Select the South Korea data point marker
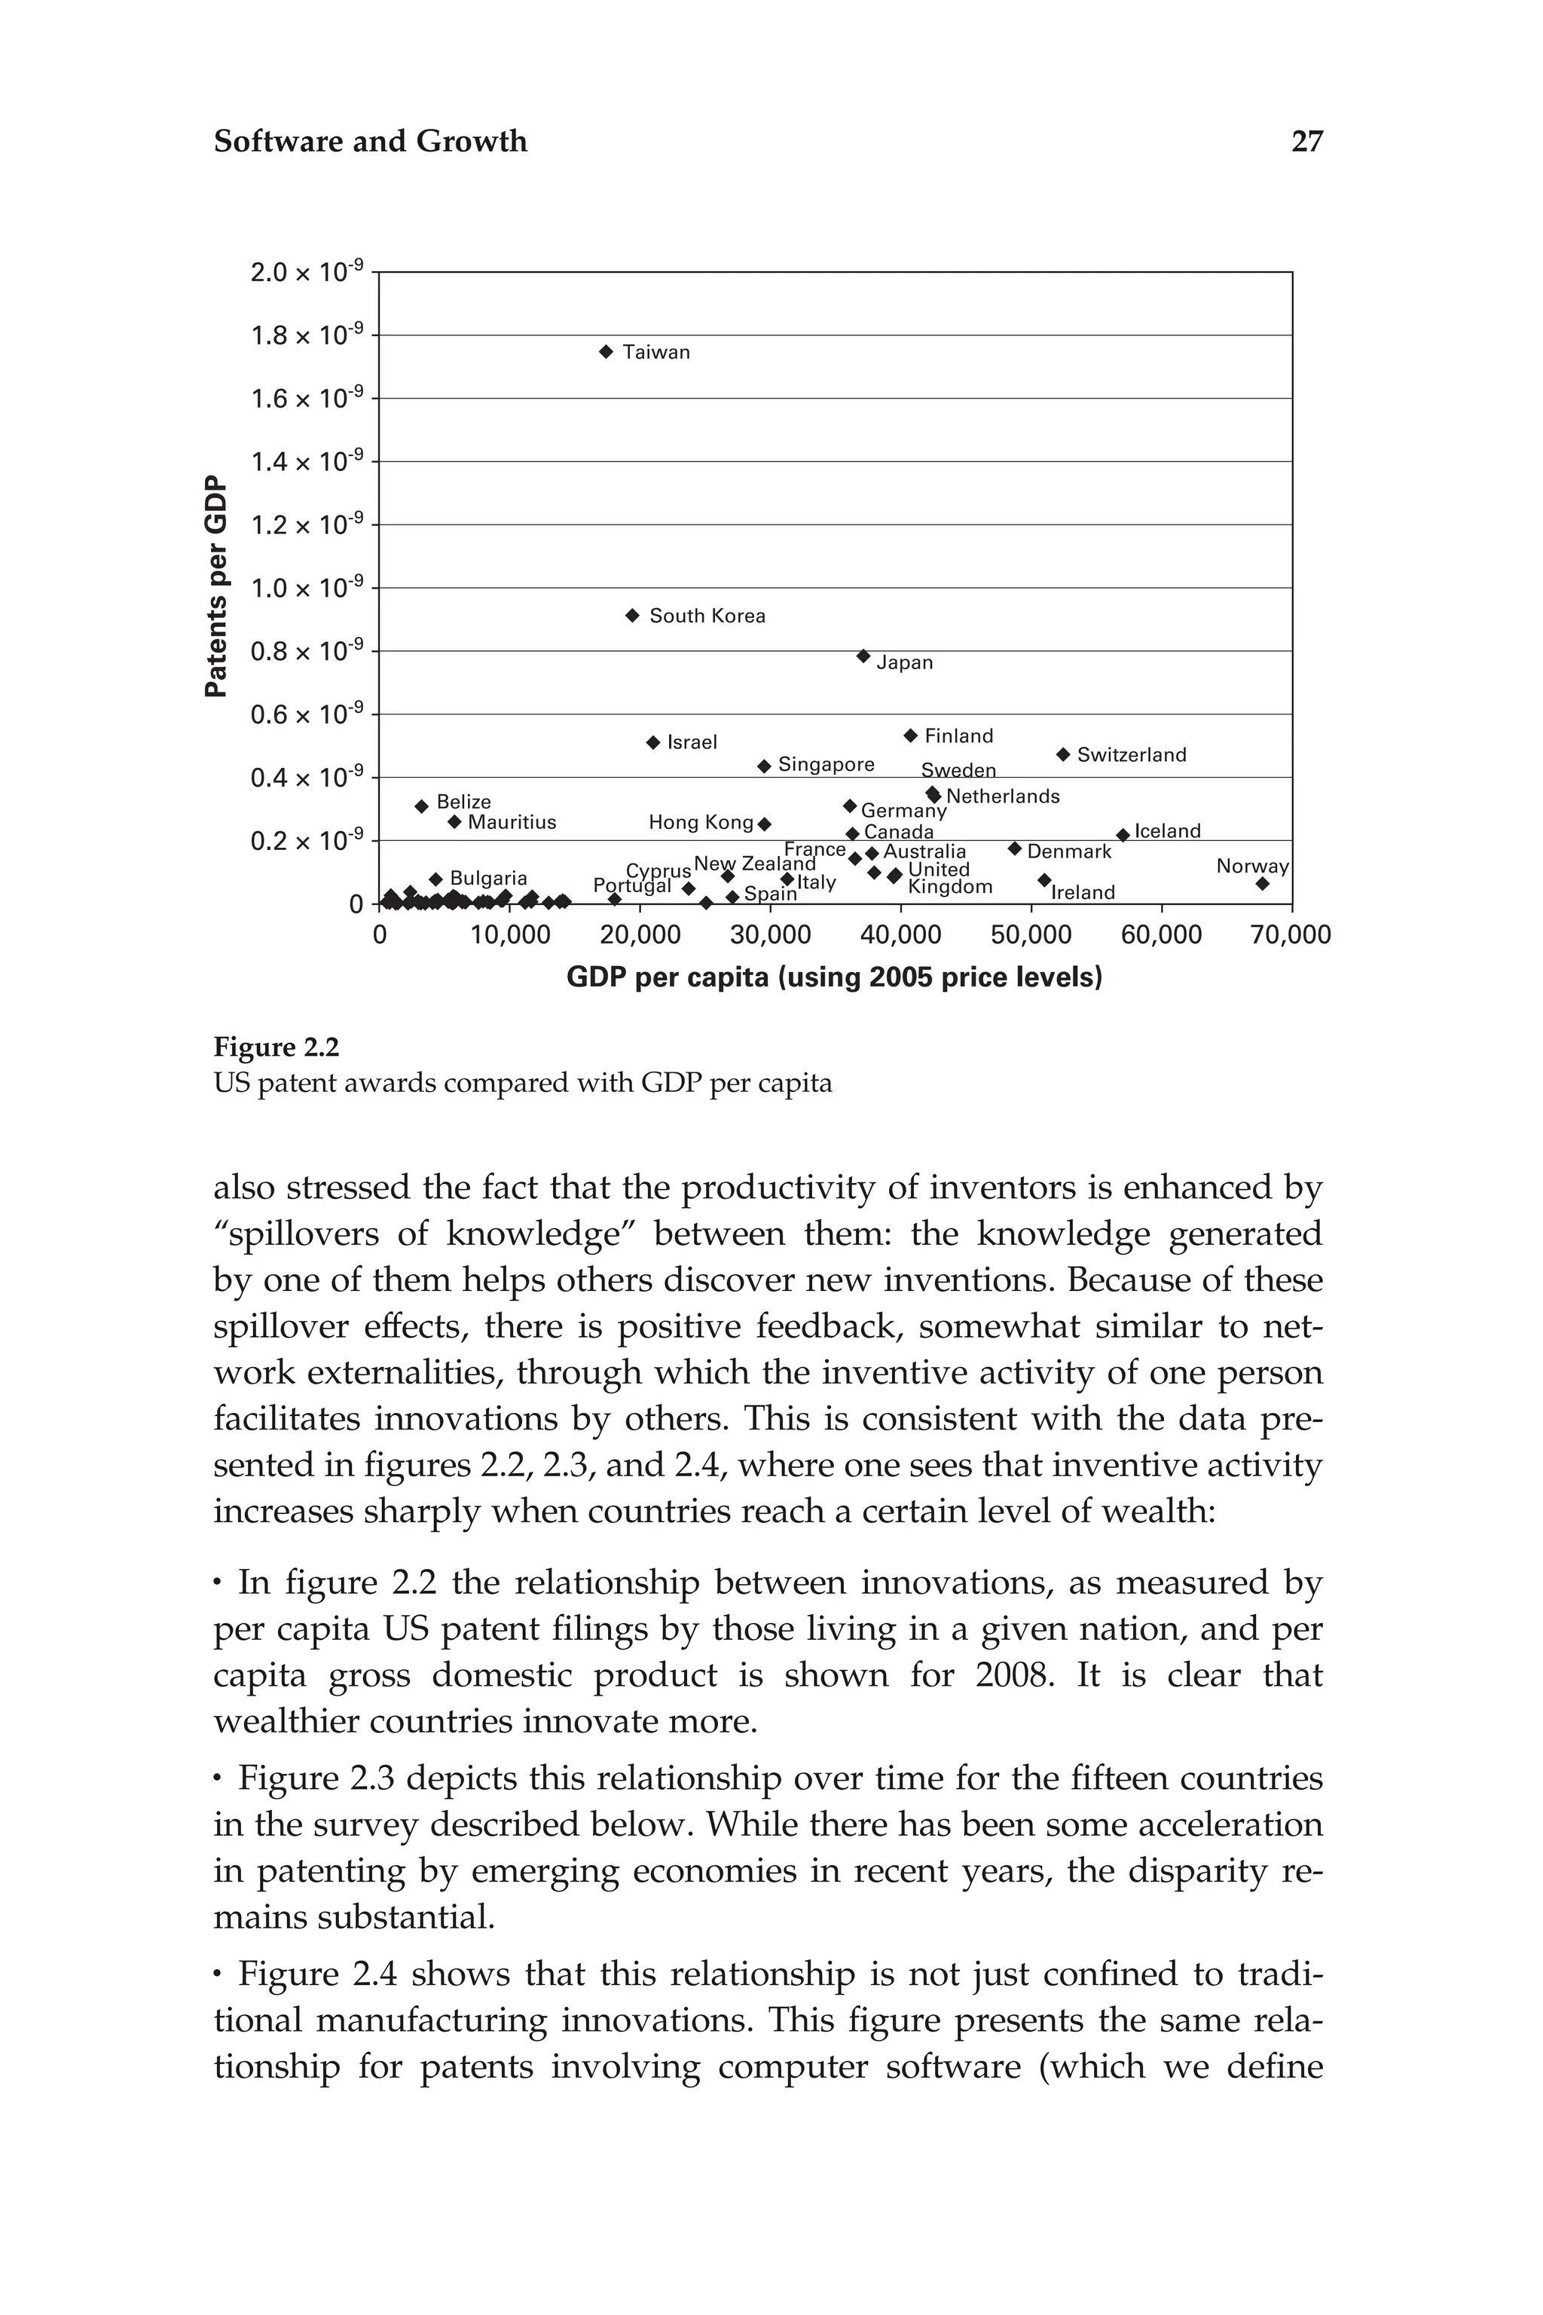coord(633,615)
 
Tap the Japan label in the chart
coord(904,662)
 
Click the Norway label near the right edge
coord(1251,866)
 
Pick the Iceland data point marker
coord(1123,835)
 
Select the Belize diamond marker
coord(422,806)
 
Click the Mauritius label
coord(512,822)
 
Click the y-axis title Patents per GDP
coord(215,586)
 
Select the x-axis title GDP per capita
coord(835,977)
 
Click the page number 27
coord(1307,142)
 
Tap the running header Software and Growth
coord(370,142)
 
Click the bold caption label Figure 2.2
coord(277,1047)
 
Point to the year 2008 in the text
coord(1013,1674)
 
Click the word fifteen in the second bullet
coord(1116,1778)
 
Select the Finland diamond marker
coord(910,735)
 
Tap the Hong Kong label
coord(701,822)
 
